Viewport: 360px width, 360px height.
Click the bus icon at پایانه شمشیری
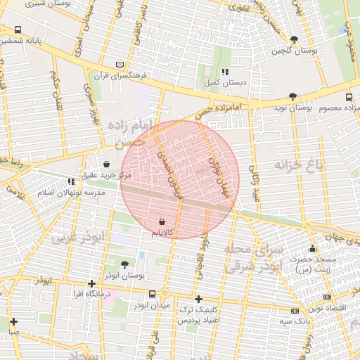pyautogui.click(x=18, y=30)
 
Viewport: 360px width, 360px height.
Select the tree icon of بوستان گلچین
pyautogui.click(x=293, y=40)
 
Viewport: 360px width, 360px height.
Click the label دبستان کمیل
pyautogui.click(x=218, y=83)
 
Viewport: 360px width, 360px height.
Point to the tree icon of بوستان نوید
pyautogui.click(x=292, y=96)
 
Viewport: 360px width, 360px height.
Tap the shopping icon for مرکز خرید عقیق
pyautogui.click(x=105, y=164)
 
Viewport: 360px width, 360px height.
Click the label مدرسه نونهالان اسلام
pyautogui.click(x=70, y=192)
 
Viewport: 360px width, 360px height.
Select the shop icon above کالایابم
pyautogui.click(x=162, y=221)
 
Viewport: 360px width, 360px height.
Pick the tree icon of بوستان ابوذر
pyautogui.click(x=124, y=264)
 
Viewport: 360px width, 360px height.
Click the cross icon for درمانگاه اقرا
pyautogui.click(x=91, y=283)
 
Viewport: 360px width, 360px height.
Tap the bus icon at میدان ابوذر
pyautogui.click(x=153, y=295)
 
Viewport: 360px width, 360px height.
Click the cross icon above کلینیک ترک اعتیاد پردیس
pyautogui.click(x=198, y=299)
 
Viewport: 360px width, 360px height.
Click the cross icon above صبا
pyautogui.click(x=13, y=321)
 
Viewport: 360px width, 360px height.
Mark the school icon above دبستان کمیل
pyautogui.click(x=224, y=72)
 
